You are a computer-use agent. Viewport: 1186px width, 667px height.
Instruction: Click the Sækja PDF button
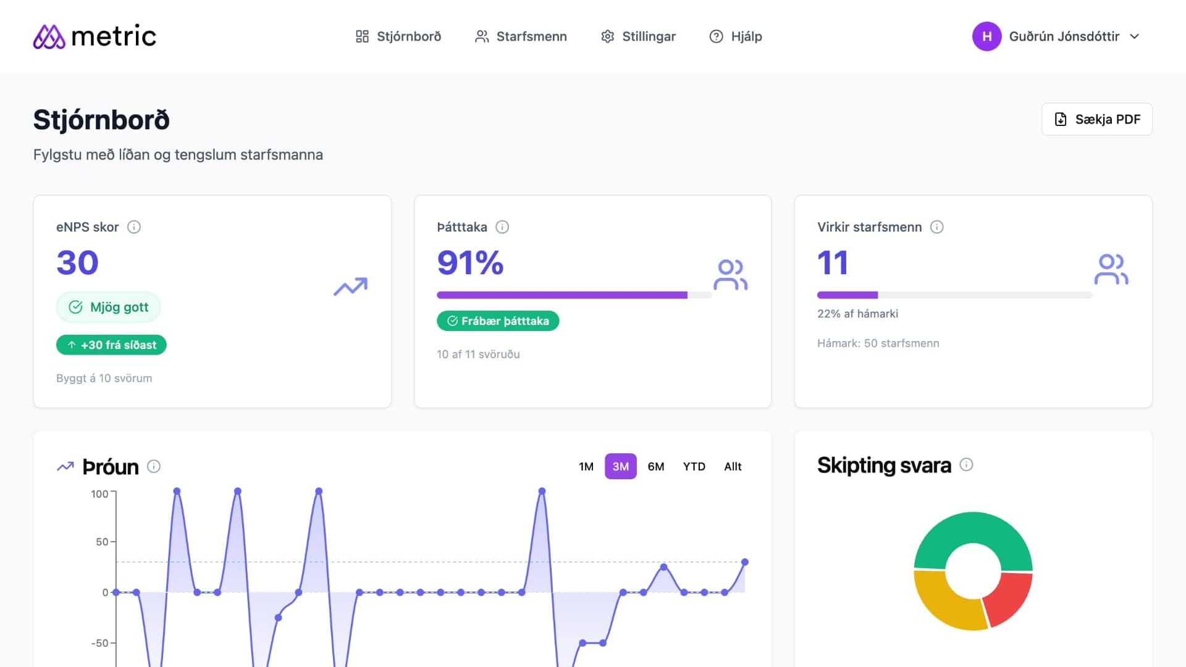[x=1096, y=119]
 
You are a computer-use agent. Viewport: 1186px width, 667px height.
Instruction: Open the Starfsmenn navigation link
[x=521, y=36]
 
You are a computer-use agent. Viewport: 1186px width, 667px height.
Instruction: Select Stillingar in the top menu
[x=638, y=36]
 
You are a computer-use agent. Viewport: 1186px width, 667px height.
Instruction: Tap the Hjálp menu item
[x=736, y=36]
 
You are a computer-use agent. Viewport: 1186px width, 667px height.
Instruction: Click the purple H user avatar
[x=986, y=36]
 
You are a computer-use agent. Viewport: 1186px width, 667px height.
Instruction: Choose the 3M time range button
[x=620, y=466]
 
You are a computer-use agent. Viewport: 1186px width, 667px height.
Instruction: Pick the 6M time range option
[x=656, y=466]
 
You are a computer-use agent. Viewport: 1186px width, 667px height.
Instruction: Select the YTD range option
[x=694, y=466]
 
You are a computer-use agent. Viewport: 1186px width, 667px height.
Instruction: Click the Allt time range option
[x=733, y=466]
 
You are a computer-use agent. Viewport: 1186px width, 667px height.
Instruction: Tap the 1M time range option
[x=586, y=466]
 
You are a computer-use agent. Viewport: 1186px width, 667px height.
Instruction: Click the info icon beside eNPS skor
[x=134, y=227]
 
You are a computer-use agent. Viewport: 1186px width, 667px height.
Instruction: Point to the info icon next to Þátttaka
[x=502, y=227]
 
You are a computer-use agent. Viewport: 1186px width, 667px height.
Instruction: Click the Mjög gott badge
[x=109, y=307]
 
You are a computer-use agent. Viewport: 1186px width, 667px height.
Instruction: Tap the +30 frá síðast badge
[x=111, y=345]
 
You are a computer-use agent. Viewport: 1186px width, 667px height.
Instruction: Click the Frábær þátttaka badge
[x=498, y=321]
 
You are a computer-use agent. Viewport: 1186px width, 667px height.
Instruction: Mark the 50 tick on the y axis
[x=103, y=542]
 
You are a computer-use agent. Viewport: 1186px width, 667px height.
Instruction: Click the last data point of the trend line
[x=745, y=562]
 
